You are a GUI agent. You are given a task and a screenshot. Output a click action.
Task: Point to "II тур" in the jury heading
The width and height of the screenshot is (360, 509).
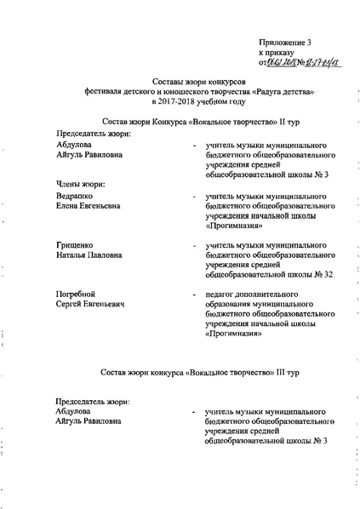click(264, 123)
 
